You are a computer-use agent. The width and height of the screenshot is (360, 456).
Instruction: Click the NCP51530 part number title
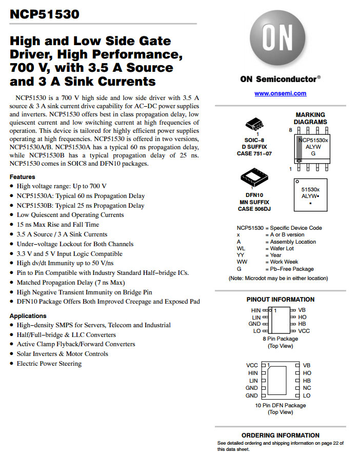[x=45, y=14]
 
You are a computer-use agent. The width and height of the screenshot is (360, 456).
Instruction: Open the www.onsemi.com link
[x=280, y=93]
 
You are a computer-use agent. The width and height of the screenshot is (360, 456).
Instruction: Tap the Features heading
[x=23, y=177]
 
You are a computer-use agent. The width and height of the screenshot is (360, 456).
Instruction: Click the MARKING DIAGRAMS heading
[x=310, y=118]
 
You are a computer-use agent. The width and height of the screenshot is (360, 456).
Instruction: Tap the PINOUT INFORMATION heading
[x=281, y=300]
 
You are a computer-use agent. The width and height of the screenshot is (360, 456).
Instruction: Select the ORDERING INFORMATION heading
[x=281, y=435]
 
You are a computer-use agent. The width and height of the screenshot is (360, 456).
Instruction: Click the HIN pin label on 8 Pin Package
[x=255, y=310]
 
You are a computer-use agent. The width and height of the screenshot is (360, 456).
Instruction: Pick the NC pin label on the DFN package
[x=307, y=388]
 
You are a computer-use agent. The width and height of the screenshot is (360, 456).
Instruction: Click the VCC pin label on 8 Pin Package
[x=304, y=331]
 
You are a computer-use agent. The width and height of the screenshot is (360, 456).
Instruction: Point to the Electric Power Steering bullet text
[x=49, y=364]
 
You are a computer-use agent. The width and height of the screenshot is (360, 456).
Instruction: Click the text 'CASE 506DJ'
[x=255, y=209]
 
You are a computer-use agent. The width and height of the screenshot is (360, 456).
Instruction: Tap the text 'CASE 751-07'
[x=254, y=153]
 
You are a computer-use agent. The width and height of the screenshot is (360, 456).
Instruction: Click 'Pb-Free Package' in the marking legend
[x=292, y=269]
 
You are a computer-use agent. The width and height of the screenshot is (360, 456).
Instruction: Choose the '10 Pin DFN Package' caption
[x=280, y=405]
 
